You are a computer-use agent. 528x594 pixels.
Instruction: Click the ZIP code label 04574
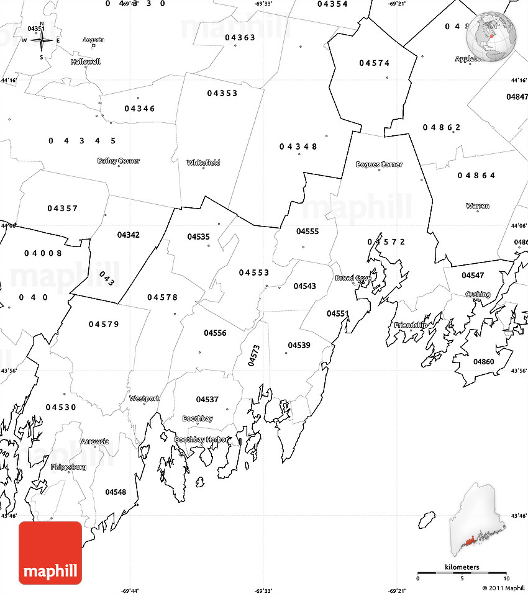(x=375, y=63)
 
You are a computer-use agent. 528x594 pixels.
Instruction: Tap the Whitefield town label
(x=203, y=163)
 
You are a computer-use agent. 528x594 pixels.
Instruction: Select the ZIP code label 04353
(x=222, y=93)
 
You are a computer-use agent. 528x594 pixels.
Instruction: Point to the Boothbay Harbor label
(x=202, y=439)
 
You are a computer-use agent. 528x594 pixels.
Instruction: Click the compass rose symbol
(x=42, y=41)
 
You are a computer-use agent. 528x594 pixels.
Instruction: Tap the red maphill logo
(x=50, y=552)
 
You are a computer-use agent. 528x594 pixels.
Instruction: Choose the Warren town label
(x=477, y=205)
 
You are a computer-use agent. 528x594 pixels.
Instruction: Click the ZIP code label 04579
(x=104, y=324)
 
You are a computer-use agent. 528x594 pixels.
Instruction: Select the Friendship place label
(x=411, y=325)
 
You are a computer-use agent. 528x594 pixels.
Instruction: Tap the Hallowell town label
(x=85, y=62)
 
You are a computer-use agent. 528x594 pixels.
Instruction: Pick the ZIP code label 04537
(x=207, y=399)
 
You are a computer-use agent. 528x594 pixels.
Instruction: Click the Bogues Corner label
(x=379, y=164)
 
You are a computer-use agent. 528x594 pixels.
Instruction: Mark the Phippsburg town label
(x=68, y=467)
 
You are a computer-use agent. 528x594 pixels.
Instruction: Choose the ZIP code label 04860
(x=483, y=361)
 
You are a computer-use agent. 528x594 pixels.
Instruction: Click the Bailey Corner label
(x=119, y=161)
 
